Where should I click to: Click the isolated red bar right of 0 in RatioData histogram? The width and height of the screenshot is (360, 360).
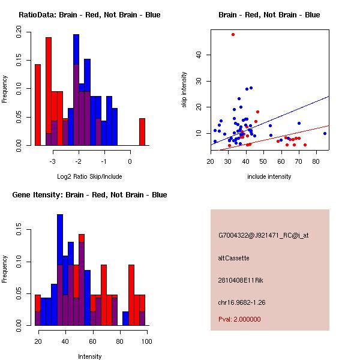[142, 131]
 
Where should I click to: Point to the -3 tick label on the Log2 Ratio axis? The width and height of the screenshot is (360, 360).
[53, 161]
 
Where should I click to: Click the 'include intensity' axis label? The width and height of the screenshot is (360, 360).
[269, 176]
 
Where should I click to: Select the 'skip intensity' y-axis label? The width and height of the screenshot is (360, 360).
[184, 90]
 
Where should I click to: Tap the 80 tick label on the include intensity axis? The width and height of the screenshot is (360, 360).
[316, 161]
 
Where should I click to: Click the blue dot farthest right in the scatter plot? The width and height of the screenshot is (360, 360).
[325, 133]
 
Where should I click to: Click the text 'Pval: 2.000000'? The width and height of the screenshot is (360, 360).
[239, 319]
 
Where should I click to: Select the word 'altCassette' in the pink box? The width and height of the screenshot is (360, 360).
[233, 258]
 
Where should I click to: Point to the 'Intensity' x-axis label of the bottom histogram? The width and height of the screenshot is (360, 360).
[90, 356]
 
